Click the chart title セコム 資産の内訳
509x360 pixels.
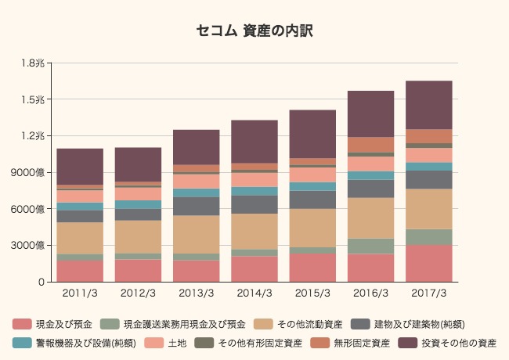254,31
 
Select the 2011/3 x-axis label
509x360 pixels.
80,293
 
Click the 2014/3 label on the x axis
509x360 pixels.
254,293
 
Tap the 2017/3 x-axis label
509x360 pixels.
429,293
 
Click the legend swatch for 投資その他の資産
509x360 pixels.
408,343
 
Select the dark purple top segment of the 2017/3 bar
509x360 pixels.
429,105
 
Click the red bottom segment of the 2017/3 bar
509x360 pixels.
429,263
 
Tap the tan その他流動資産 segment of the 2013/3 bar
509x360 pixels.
197,234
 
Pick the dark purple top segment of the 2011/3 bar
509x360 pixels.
80,166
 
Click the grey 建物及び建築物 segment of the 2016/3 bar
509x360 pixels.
371,189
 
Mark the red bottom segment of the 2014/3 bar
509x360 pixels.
254,268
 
